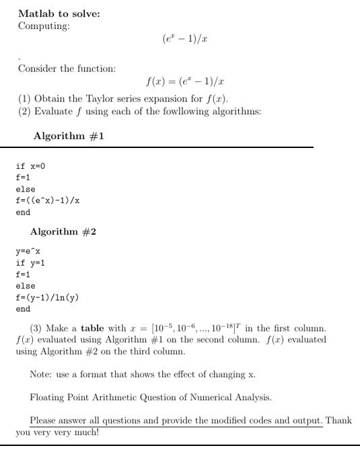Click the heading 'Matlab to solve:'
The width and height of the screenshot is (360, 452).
tap(59, 13)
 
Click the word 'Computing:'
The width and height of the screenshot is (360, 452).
tap(44, 26)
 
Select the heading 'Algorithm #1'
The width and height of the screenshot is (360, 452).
tap(69, 136)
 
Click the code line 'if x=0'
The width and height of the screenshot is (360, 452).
tap(31, 166)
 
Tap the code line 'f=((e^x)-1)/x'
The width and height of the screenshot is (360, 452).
tap(48, 200)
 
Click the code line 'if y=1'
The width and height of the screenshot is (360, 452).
tap(31, 263)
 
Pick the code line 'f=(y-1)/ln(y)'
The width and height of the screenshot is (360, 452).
tap(48, 297)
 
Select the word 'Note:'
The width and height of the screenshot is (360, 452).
tap(42, 374)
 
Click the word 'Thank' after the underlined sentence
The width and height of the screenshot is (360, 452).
tap(338, 420)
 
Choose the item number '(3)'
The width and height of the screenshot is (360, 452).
tap(38, 328)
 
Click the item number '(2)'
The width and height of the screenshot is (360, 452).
tap(24, 111)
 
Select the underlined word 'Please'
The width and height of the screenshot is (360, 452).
tap(42, 420)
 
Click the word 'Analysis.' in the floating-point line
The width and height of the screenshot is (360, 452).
tap(252, 397)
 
